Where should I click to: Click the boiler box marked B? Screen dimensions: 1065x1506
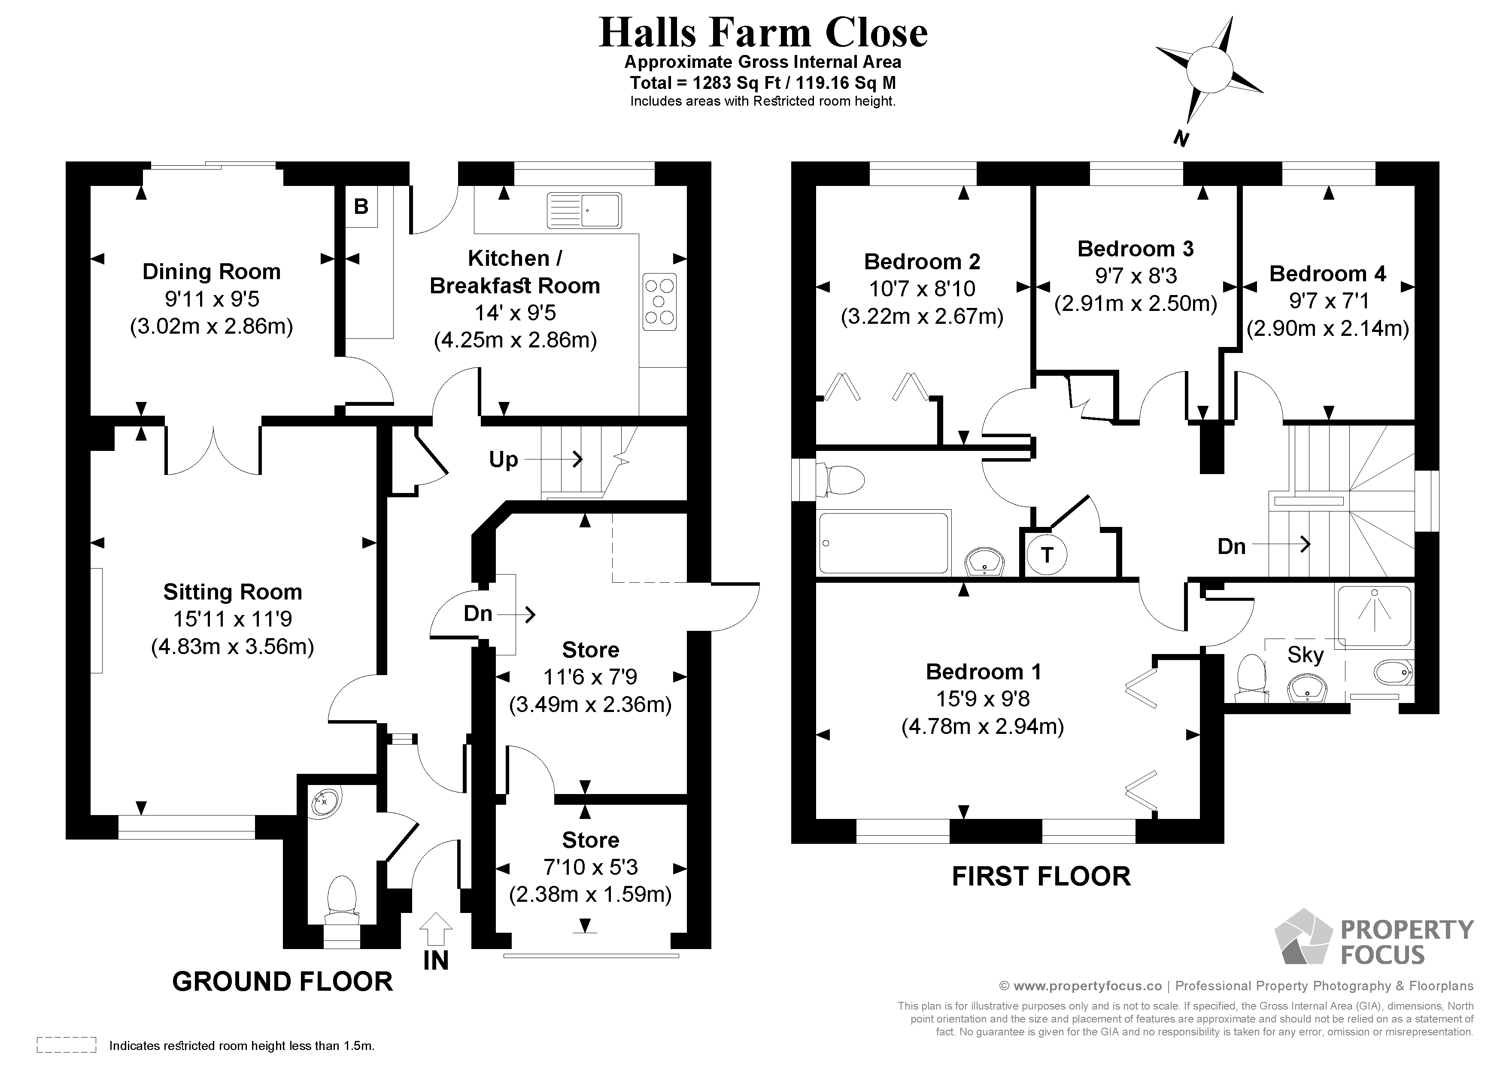point(361,207)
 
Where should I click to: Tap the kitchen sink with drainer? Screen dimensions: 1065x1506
point(584,210)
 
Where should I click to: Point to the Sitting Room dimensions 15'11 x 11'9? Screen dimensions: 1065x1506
point(232,619)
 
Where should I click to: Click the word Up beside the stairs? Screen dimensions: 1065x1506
point(503,460)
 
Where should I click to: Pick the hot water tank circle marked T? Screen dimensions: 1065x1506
point(1046,555)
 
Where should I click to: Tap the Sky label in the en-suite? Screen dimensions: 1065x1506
point(1305,655)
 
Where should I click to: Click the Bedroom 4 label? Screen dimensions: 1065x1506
point(1327,274)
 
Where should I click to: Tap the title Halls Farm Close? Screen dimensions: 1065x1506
point(763,33)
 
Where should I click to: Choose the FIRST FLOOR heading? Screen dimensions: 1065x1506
point(1041,876)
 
